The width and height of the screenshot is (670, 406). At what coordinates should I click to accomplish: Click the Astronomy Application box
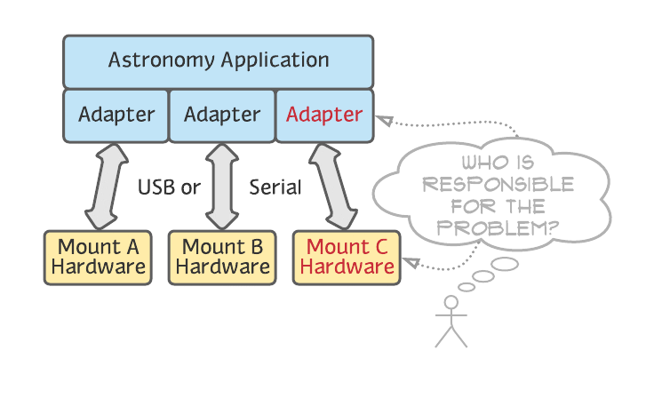tap(218, 61)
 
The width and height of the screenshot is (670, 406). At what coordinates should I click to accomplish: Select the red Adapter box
tap(324, 115)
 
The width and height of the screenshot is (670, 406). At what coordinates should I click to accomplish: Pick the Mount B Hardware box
tap(222, 258)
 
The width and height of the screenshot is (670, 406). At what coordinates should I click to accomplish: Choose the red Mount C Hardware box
tap(347, 258)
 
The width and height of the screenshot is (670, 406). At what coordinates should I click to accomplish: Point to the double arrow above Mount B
tap(222, 187)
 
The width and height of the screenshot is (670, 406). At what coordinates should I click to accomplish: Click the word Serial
tap(275, 187)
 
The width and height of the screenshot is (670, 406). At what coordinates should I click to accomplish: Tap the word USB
tap(156, 187)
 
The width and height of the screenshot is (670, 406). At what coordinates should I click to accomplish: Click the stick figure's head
tap(451, 304)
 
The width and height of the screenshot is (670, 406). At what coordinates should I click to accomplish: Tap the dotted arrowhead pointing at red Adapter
tap(384, 119)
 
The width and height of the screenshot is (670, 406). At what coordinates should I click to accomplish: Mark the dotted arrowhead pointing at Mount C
tap(411, 261)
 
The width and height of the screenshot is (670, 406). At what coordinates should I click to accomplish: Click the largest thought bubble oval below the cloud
tap(504, 264)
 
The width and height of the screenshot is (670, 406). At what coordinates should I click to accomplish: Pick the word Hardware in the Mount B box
tap(222, 267)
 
